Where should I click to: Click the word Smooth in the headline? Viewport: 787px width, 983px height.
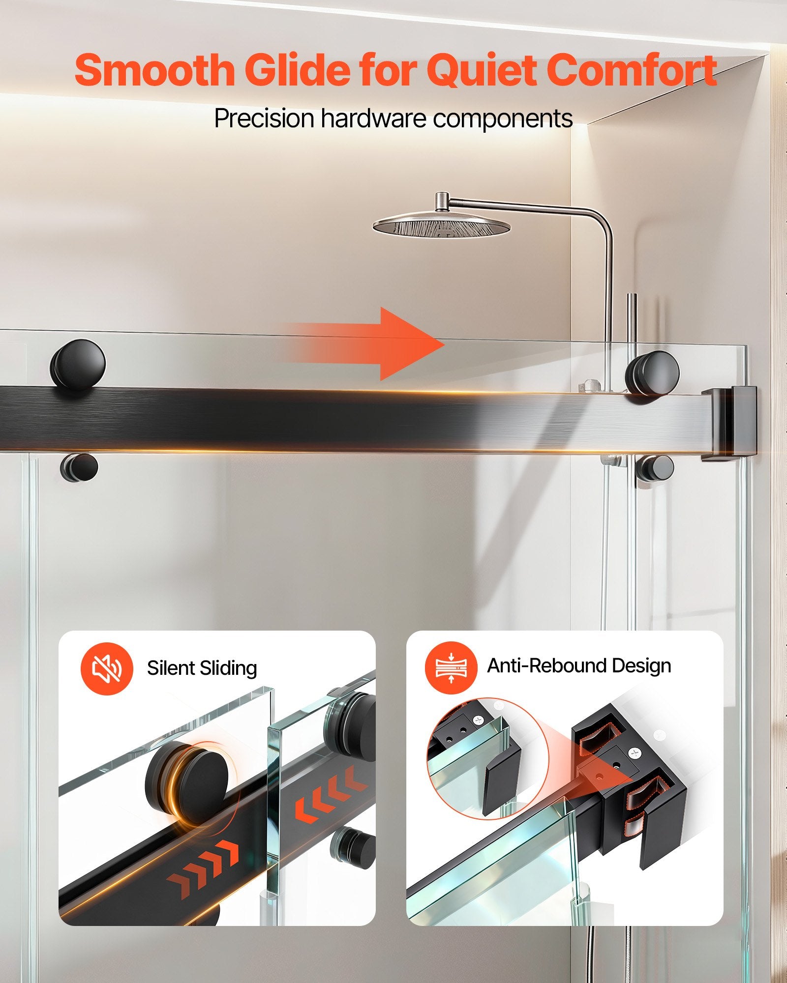coord(154,70)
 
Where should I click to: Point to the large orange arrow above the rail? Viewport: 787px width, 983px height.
coord(364,344)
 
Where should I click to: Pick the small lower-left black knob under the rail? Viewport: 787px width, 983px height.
coord(79,467)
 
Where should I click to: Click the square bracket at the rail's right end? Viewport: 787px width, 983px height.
coord(729,423)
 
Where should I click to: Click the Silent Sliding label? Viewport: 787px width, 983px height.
coord(202,668)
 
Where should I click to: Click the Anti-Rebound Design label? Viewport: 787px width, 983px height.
coord(579,665)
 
